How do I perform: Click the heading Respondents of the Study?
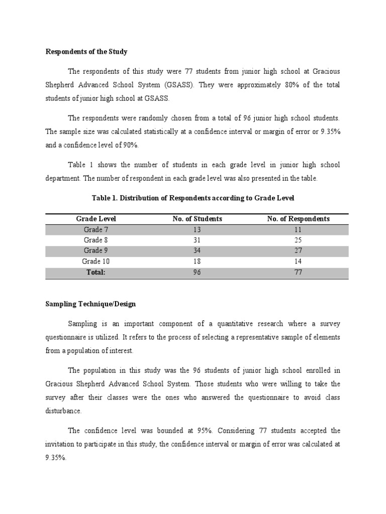(x=86, y=51)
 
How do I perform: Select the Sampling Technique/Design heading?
(x=90, y=304)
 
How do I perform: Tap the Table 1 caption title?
(x=192, y=198)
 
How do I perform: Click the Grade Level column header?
(x=96, y=219)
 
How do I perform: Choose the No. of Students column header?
(x=197, y=219)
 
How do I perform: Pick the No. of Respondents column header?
(x=299, y=219)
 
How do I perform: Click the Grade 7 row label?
(x=96, y=229)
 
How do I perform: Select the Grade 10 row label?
(x=96, y=262)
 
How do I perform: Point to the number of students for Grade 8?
(x=197, y=240)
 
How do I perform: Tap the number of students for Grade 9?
(x=197, y=250)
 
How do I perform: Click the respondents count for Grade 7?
(x=299, y=229)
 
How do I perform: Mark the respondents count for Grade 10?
(x=299, y=262)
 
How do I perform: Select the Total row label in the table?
(x=96, y=272)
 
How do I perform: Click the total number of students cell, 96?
(x=197, y=272)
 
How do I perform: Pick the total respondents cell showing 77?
(x=299, y=272)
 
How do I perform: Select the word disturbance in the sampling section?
(x=63, y=410)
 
